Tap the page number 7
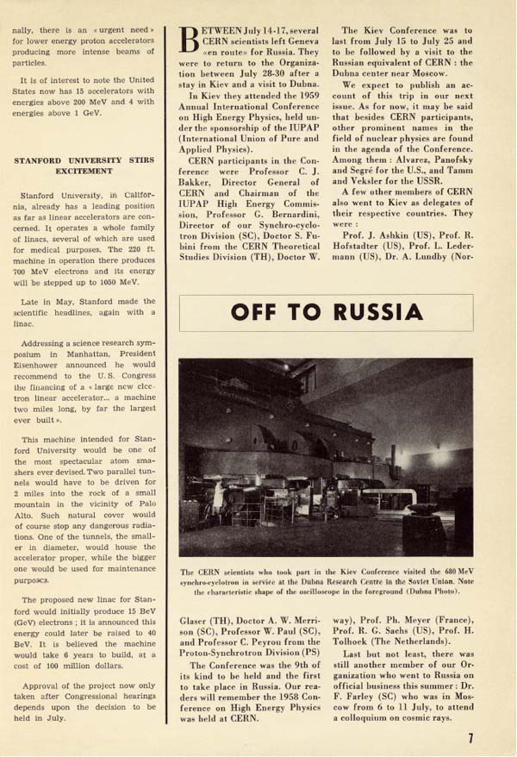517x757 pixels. point(470,737)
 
